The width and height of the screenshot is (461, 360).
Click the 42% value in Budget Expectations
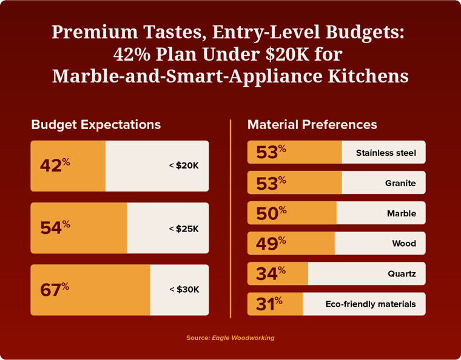coord(55,165)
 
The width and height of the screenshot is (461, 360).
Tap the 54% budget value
coord(55,227)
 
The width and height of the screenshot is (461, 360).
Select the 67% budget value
coord(55,289)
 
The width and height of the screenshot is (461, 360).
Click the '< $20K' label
coord(184,165)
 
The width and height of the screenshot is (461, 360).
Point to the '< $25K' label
coord(184,228)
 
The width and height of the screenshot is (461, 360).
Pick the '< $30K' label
coord(184,290)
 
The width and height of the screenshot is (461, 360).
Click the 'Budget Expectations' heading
coord(96,124)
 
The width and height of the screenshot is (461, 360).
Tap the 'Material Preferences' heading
coord(312,124)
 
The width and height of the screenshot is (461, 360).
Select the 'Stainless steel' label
coord(386,153)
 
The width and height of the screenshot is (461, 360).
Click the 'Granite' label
coord(400,183)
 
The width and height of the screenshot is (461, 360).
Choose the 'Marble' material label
coord(402,213)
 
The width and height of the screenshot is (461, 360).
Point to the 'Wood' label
coord(404,244)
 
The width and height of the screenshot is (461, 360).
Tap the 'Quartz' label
coord(402,274)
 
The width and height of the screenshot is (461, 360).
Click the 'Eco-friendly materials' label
coord(371,304)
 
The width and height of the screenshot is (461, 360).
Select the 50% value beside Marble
coord(271,213)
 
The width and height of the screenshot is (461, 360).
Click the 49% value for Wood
coord(271,243)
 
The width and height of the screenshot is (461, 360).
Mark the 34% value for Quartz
coord(271,273)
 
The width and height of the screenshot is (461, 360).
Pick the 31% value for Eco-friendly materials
coord(269,304)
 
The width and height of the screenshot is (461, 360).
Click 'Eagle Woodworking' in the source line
coord(243,338)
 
